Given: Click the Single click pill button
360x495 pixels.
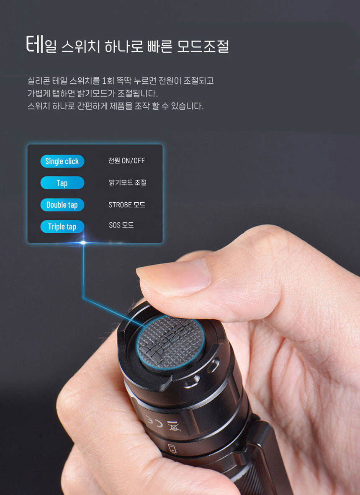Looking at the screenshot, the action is pyautogui.click(x=62, y=161).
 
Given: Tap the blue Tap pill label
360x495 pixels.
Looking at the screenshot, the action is pyautogui.click(x=62, y=183).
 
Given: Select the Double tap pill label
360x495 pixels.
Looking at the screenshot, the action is pyautogui.click(x=62, y=205).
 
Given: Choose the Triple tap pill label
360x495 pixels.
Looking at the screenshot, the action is pyautogui.click(x=62, y=227).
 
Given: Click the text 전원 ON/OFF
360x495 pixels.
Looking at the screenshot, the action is pyautogui.click(x=126, y=161).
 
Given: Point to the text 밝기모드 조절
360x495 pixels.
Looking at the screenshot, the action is pyautogui.click(x=128, y=183).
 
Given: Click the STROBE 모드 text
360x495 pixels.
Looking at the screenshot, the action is pyautogui.click(x=127, y=205).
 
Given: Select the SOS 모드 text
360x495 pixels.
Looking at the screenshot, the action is pyautogui.click(x=121, y=225).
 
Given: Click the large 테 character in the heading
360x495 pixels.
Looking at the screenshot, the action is pyautogui.click(x=35, y=44).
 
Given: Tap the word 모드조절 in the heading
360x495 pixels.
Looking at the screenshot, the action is pyautogui.click(x=203, y=46).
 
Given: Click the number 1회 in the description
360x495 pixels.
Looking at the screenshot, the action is pyautogui.click(x=108, y=81).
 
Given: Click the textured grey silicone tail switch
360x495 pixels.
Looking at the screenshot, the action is pyautogui.click(x=170, y=342).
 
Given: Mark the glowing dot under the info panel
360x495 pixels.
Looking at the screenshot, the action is pyautogui.click(x=83, y=242).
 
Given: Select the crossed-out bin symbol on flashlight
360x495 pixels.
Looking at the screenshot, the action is pyautogui.click(x=173, y=425).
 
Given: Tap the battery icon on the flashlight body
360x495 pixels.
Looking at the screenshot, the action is pyautogui.click(x=172, y=448).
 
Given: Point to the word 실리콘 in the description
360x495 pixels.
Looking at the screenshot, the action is pyautogui.click(x=39, y=81).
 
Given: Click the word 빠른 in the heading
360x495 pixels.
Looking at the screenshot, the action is pyautogui.click(x=160, y=46).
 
